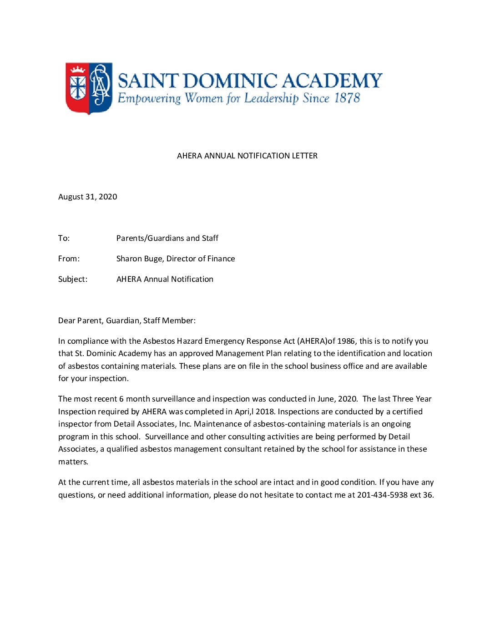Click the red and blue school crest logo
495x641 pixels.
click(89, 88)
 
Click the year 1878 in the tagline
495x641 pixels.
click(347, 98)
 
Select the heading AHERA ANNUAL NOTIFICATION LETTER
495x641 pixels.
click(247, 156)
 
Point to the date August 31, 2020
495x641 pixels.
click(87, 197)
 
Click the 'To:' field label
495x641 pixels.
click(64, 238)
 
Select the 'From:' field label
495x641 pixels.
click(69, 259)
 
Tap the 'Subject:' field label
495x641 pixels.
click(73, 279)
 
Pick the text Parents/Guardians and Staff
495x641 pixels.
click(167, 238)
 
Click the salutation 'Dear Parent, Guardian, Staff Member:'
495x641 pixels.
click(127, 320)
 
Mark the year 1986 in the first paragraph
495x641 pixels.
click(346, 341)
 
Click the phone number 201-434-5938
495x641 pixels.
click(382, 495)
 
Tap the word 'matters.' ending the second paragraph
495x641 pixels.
click(73, 462)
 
